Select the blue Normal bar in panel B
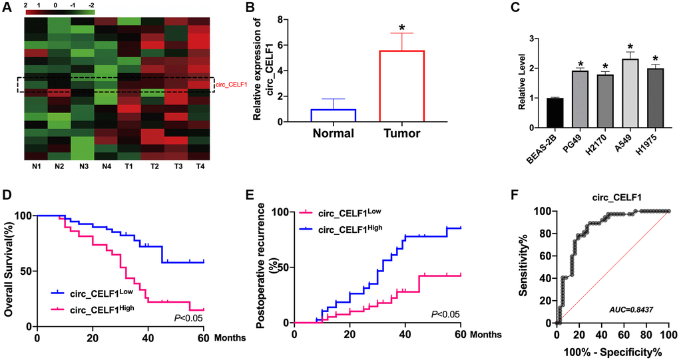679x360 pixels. click(x=334, y=115)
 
